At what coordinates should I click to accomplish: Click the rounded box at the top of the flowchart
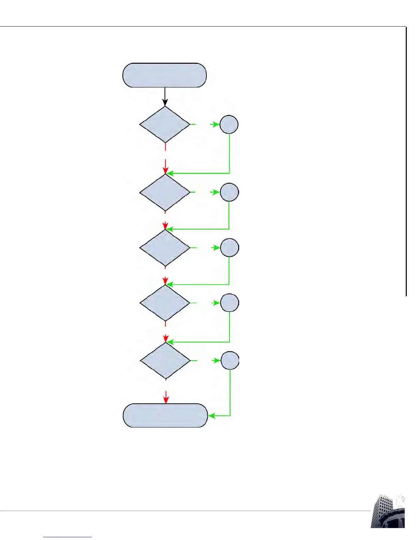165,75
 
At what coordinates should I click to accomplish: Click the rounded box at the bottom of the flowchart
165,415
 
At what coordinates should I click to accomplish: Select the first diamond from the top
165,124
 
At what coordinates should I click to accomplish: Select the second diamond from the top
165,193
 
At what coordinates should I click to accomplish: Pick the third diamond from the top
165,248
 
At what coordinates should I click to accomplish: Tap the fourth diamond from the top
165,303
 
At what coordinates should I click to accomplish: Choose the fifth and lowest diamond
165,361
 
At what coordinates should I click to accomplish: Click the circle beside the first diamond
229,124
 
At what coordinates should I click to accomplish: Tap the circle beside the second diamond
229,192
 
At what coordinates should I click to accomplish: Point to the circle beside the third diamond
230,247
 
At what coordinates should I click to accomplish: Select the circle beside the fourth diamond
230,303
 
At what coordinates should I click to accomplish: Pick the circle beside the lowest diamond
230,360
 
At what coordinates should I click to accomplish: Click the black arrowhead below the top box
165,102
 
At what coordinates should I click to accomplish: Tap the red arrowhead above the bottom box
166,400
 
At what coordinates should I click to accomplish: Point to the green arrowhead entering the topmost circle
215,124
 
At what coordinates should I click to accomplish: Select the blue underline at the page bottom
67,537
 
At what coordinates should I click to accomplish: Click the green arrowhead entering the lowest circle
216,360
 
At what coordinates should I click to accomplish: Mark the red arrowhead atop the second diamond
166,169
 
